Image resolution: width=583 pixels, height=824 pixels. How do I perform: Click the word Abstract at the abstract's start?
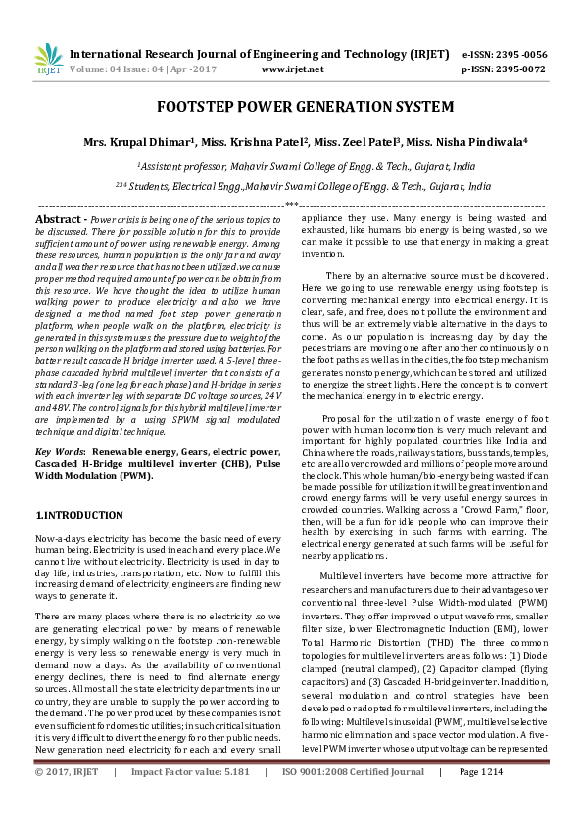(62, 220)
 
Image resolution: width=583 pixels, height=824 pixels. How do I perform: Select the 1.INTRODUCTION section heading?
(78, 515)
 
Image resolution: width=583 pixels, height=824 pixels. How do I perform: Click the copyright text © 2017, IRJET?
(67, 800)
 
